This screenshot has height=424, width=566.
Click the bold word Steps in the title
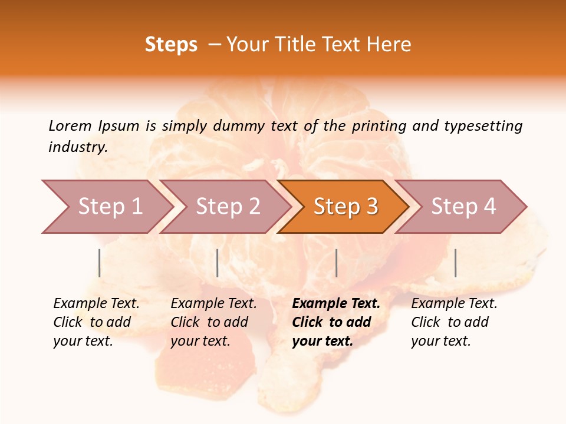(x=171, y=45)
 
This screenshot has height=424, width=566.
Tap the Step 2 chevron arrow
(x=228, y=207)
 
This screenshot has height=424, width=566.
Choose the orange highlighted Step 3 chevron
(x=345, y=207)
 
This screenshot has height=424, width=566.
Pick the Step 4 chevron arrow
(x=463, y=207)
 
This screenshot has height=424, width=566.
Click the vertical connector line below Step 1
(x=100, y=263)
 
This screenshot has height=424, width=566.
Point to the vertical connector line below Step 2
(x=218, y=263)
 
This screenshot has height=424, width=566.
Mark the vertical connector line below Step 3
(x=337, y=263)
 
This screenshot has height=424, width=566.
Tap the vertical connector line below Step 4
(x=456, y=263)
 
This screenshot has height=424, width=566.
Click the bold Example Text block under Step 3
(x=335, y=322)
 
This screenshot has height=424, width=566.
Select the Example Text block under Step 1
(x=96, y=322)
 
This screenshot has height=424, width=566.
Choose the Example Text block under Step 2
(x=213, y=322)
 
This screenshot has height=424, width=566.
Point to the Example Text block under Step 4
(x=454, y=322)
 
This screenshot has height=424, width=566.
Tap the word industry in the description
(x=78, y=147)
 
